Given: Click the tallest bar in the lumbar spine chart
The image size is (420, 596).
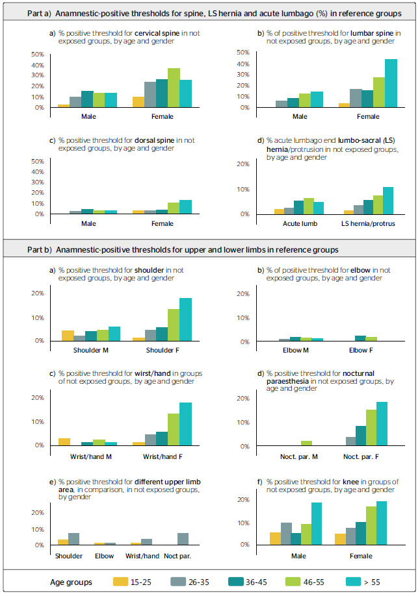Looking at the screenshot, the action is [x=391, y=83].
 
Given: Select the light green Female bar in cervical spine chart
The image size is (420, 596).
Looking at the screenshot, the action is [x=174, y=88].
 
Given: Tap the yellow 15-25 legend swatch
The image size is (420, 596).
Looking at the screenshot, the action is [x=120, y=582].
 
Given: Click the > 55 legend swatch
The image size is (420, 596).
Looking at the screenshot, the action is [x=353, y=582].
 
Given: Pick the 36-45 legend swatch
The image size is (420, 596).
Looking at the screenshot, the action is [x=236, y=582].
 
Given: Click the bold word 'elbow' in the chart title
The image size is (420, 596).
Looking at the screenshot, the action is [x=360, y=270].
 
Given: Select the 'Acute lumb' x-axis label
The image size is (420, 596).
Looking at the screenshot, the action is [x=300, y=223].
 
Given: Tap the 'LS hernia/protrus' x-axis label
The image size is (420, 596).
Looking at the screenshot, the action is [x=368, y=223].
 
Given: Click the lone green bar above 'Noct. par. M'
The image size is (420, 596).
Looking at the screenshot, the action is [x=306, y=443].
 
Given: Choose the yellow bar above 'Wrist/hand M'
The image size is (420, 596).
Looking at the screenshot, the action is [x=64, y=441].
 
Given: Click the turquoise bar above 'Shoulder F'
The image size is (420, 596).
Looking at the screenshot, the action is [x=185, y=319].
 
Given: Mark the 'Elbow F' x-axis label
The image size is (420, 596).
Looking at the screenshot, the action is [x=361, y=350].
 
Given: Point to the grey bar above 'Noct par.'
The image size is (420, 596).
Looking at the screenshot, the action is [x=183, y=539].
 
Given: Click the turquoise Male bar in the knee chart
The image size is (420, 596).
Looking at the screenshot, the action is [x=317, y=524].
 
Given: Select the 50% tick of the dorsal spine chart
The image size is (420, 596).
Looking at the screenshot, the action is [x=38, y=162].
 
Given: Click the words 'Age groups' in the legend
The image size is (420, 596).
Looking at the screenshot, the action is [x=72, y=582].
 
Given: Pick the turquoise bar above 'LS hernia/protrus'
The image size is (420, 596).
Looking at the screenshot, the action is [x=388, y=201].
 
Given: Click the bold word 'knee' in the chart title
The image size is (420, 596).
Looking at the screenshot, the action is [x=350, y=482].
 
